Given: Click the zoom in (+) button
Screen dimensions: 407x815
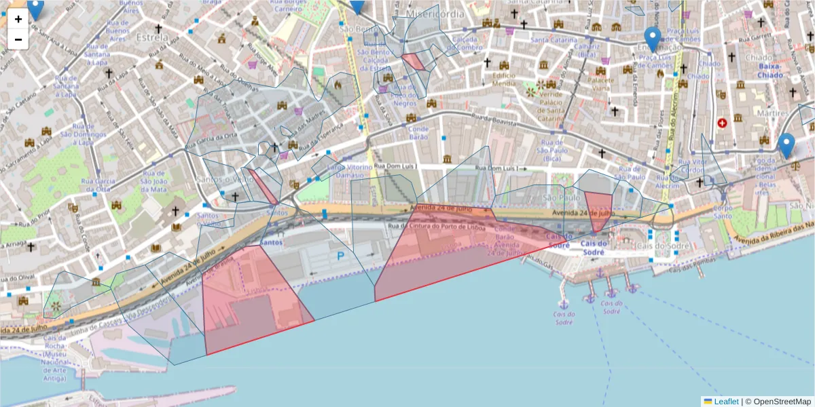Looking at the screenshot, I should tap(18, 19).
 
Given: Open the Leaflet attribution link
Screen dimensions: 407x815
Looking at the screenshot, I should tap(726, 402).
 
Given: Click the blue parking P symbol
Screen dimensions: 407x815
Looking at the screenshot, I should tap(340, 256).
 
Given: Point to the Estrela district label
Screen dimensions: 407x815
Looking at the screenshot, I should tap(151, 37).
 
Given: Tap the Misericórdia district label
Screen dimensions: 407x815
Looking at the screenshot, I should tap(435, 14).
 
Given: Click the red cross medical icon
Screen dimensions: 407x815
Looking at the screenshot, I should tap(722, 123).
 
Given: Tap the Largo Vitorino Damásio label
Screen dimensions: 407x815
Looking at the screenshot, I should tap(346, 171).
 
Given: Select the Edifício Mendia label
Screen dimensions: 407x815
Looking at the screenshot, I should tap(504, 79).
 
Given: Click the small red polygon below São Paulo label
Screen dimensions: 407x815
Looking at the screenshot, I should tap(598, 211).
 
